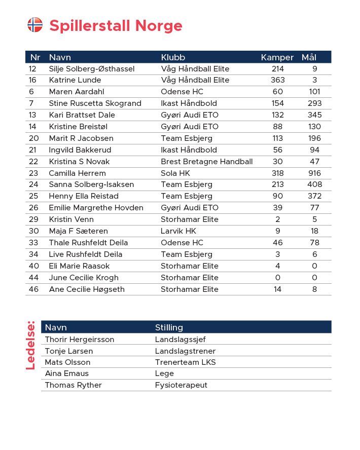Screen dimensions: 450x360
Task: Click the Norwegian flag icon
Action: click(x=35, y=25)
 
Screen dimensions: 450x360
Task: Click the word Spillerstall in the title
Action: click(x=83, y=25)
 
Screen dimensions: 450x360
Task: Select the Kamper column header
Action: click(x=277, y=57)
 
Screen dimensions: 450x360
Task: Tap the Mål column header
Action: click(x=309, y=57)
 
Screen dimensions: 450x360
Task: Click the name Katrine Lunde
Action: click(x=75, y=80)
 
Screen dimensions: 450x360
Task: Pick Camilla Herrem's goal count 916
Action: click(x=314, y=173)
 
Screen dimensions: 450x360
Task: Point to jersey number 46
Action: click(x=33, y=289)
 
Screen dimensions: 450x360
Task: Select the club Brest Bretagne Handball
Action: click(x=206, y=162)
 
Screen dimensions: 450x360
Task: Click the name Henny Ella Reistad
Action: click(x=84, y=196)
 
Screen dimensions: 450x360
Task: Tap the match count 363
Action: click(x=278, y=80)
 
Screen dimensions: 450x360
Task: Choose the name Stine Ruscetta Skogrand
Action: click(x=95, y=103)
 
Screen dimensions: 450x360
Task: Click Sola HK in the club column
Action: click(x=175, y=173)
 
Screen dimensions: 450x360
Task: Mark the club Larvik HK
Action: click(x=178, y=231)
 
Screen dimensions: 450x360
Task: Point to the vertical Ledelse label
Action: click(x=31, y=345)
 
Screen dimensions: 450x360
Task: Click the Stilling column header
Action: click(x=169, y=327)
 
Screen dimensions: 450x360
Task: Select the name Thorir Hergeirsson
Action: click(x=79, y=340)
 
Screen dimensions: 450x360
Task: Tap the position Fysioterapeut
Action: click(x=181, y=385)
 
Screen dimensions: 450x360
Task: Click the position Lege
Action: click(x=164, y=373)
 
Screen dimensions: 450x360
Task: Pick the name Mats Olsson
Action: click(x=67, y=362)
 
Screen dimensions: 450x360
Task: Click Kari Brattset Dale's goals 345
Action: click(x=314, y=115)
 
